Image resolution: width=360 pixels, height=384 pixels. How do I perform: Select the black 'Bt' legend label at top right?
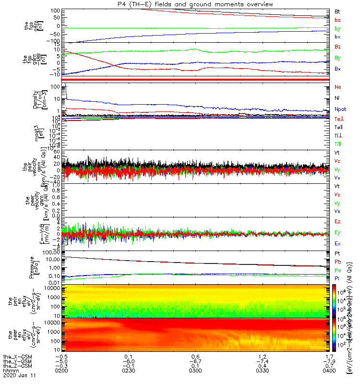click(x=337, y=11)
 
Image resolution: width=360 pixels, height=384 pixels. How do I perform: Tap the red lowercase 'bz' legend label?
click(x=337, y=20)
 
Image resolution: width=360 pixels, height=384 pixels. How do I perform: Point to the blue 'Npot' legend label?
click(x=340, y=109)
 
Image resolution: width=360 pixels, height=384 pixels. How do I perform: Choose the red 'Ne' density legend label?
click(x=338, y=87)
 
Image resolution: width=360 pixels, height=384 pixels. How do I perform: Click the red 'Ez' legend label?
click(x=338, y=221)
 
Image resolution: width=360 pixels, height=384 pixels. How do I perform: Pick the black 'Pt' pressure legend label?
click(x=337, y=253)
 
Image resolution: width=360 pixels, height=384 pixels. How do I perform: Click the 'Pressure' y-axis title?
click(x=32, y=267)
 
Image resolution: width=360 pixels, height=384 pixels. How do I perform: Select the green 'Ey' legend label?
click(x=338, y=232)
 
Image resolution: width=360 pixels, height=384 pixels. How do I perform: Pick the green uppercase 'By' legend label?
click(x=338, y=58)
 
